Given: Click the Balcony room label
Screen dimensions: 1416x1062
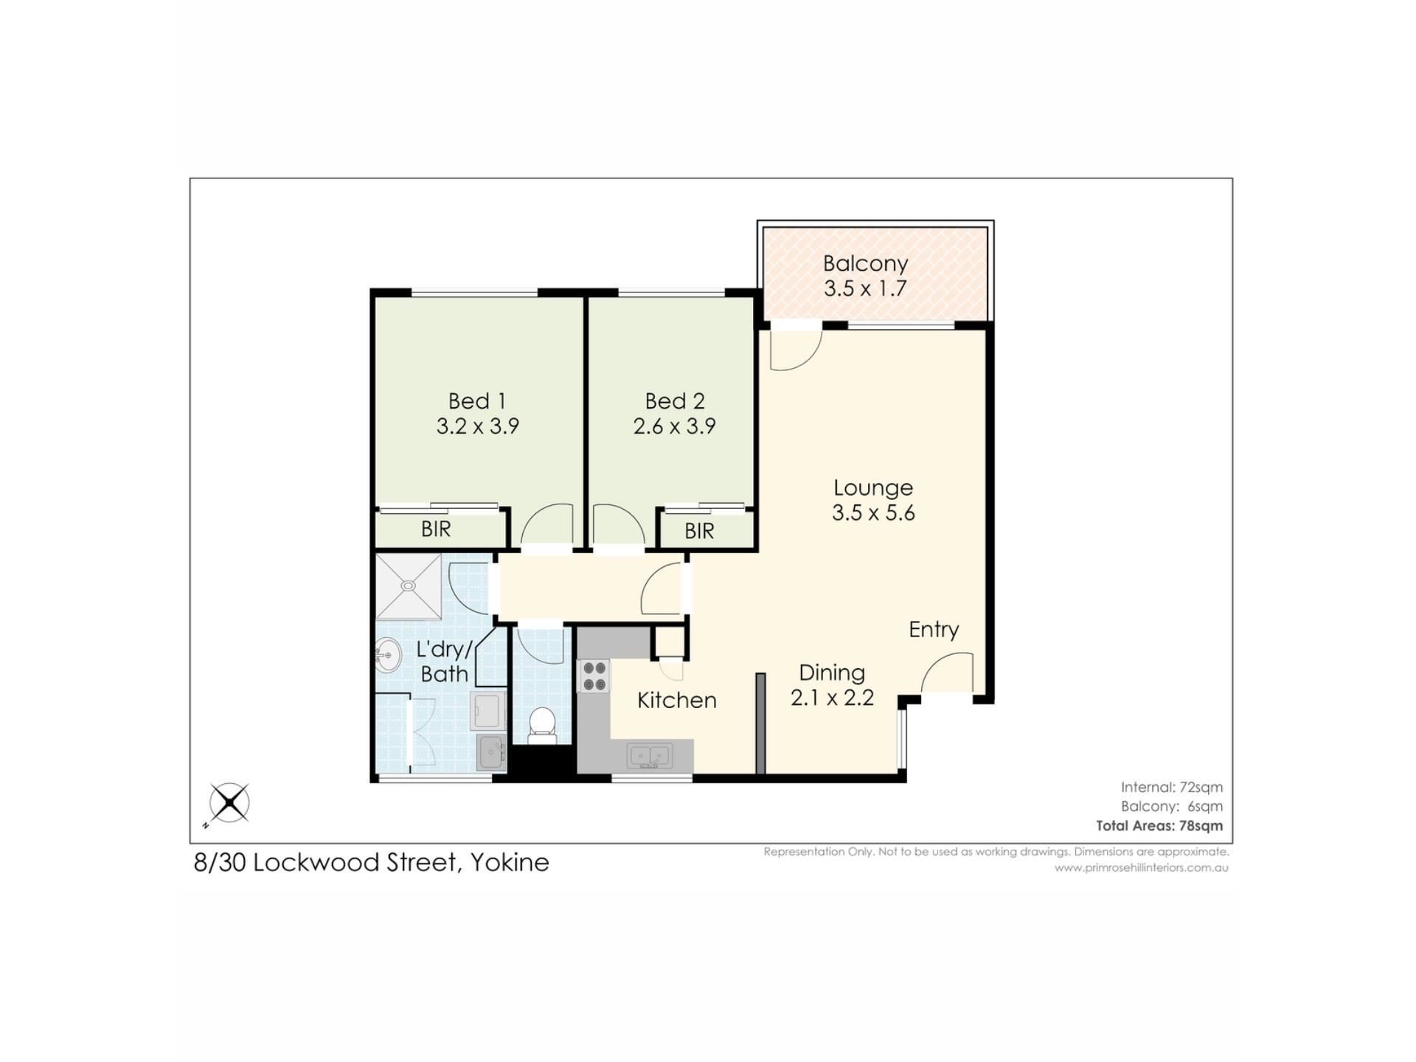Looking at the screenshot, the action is pos(865,263).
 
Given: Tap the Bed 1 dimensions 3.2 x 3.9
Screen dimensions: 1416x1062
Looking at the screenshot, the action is pos(478,426).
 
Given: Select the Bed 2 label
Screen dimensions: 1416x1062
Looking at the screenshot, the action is pos(675,401).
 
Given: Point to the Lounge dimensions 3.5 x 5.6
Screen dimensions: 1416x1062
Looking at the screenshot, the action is pos(873,513).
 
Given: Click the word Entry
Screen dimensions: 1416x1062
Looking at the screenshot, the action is pos(934,629).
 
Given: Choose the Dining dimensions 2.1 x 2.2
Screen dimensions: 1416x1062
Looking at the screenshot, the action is pos(832,698).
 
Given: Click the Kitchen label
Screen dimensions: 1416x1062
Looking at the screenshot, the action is pos(677,700).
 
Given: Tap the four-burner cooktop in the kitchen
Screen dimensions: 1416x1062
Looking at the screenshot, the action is pos(594,676).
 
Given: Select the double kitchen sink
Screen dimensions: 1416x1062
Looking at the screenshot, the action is pos(649,756).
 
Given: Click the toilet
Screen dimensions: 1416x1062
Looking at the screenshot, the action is pos(543,726).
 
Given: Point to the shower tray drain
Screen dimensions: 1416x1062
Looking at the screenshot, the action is pos(409,586).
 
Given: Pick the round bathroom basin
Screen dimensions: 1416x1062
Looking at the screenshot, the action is pos(387,655).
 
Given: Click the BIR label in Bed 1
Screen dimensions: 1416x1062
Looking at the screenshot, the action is pos(436,529).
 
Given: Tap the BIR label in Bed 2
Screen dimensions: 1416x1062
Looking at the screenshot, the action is pos(699,531).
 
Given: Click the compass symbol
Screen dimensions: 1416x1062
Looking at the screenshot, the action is pos(229,802).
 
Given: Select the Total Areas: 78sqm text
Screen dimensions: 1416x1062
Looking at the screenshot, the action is pos(1159,826).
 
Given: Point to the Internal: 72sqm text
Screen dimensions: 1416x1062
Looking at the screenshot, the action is pos(1172,787).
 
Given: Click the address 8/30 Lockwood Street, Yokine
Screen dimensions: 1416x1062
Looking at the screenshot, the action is pos(372,862).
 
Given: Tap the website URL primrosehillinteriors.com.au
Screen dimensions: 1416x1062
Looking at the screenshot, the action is pos(1142,868).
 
